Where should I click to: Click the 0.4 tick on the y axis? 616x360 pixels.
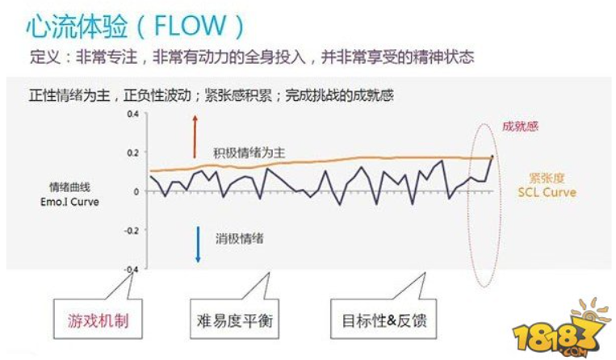click(x=132, y=114)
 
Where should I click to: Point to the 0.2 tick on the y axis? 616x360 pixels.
click(x=132, y=153)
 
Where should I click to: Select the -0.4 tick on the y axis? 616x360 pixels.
click(x=131, y=268)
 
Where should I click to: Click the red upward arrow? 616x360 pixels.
click(x=195, y=136)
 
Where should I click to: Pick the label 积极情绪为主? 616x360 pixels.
click(x=249, y=153)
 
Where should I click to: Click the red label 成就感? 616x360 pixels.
click(x=520, y=126)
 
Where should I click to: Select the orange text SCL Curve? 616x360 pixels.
click(x=547, y=193)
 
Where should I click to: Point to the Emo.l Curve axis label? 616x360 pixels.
click(x=73, y=202)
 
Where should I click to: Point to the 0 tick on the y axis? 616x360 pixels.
click(x=136, y=191)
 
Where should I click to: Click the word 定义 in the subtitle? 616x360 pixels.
click(x=40, y=57)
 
